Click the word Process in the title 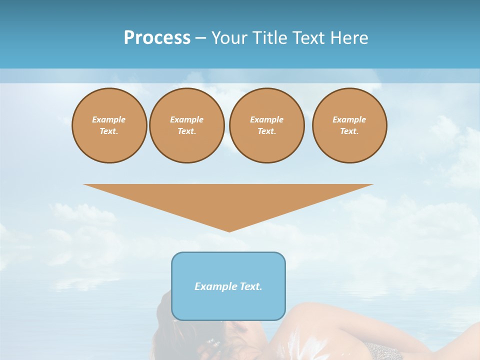pyautogui.click(x=157, y=38)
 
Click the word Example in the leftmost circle pyautogui.click(x=109, y=119)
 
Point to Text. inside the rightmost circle pyautogui.click(x=349, y=131)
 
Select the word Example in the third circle pyautogui.click(x=266, y=119)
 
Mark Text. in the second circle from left pyautogui.click(x=186, y=131)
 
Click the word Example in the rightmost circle pyautogui.click(x=349, y=119)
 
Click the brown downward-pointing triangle pyautogui.click(x=228, y=202)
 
